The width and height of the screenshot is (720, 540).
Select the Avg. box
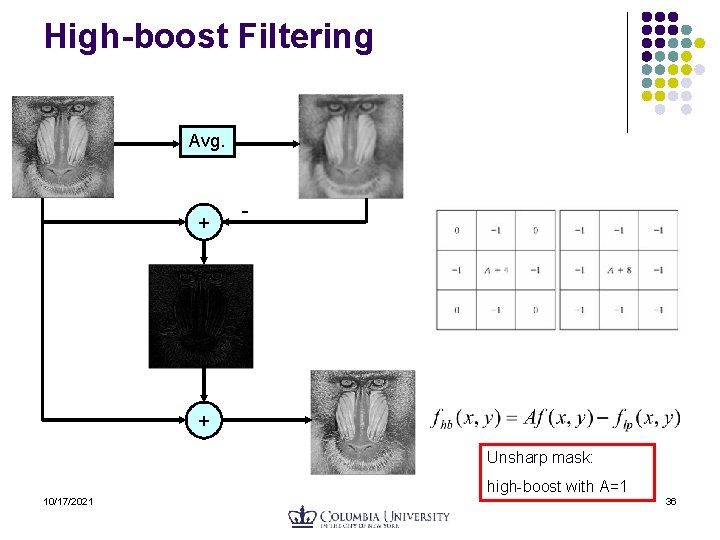click(206, 142)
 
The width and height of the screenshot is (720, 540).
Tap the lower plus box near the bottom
click(204, 421)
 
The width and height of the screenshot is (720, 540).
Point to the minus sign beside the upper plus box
click(246, 212)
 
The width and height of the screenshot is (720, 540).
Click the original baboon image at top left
click(62, 146)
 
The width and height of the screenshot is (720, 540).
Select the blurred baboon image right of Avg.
click(350, 146)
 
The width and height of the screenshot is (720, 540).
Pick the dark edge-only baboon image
click(200, 316)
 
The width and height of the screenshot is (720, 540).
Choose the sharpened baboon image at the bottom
click(361, 421)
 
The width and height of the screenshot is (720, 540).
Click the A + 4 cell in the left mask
click(496, 270)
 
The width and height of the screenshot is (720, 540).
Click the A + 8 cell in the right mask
click(619, 270)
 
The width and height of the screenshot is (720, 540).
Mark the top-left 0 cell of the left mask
click(457, 231)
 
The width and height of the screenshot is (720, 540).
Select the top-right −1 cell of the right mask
click(657, 231)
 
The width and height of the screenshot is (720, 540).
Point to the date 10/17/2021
click(68, 501)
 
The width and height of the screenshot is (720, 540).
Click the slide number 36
click(671, 501)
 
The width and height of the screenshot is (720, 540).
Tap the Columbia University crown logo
click(302, 517)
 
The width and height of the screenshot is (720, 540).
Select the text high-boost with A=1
click(557, 487)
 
